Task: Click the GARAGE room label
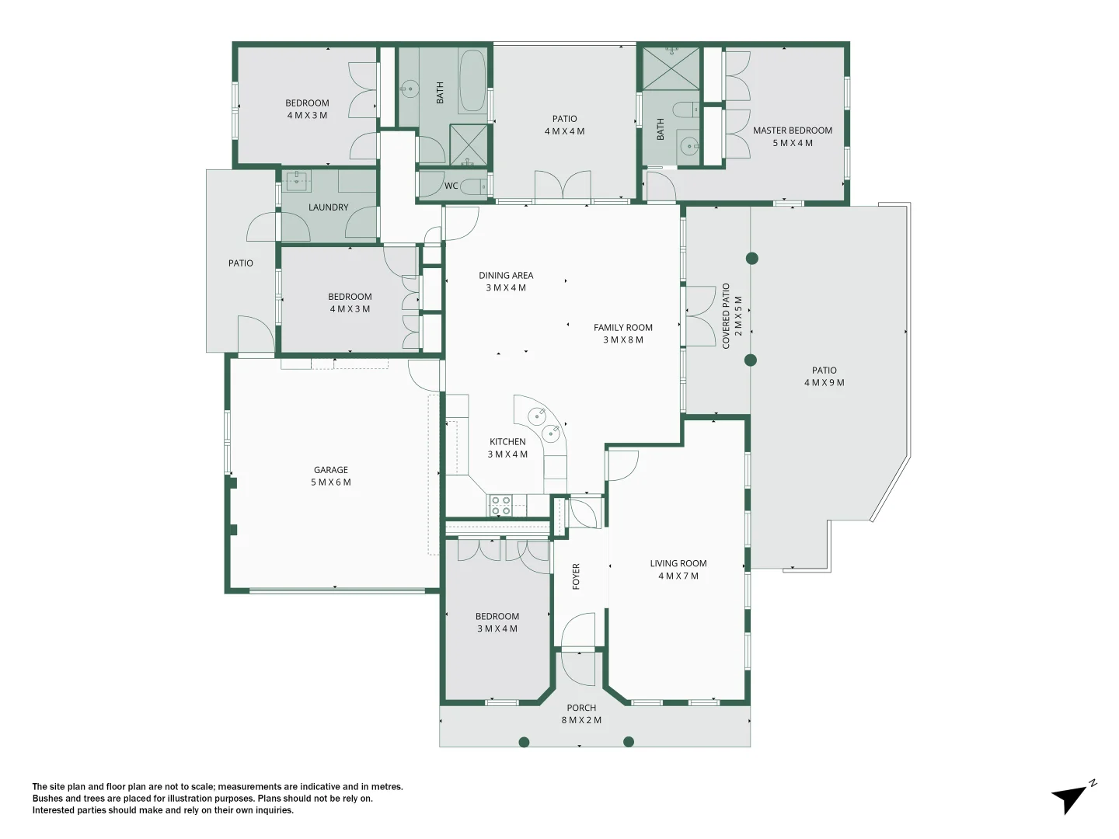(330, 470)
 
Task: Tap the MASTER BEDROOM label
(792, 131)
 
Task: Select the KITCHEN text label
(507, 442)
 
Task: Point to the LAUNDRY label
(328, 207)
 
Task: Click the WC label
(451, 186)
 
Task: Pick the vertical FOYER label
(576, 576)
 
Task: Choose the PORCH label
(581, 708)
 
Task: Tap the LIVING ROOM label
(678, 564)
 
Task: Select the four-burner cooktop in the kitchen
(500, 506)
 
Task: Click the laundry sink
(297, 181)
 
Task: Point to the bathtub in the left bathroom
(472, 82)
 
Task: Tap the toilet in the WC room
(473, 186)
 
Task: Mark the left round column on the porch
(524, 742)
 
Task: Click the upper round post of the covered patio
(751, 258)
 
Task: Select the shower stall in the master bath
(671, 68)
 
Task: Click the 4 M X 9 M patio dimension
(824, 383)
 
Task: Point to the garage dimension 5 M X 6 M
(330, 482)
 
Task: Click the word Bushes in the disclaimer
(47, 799)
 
